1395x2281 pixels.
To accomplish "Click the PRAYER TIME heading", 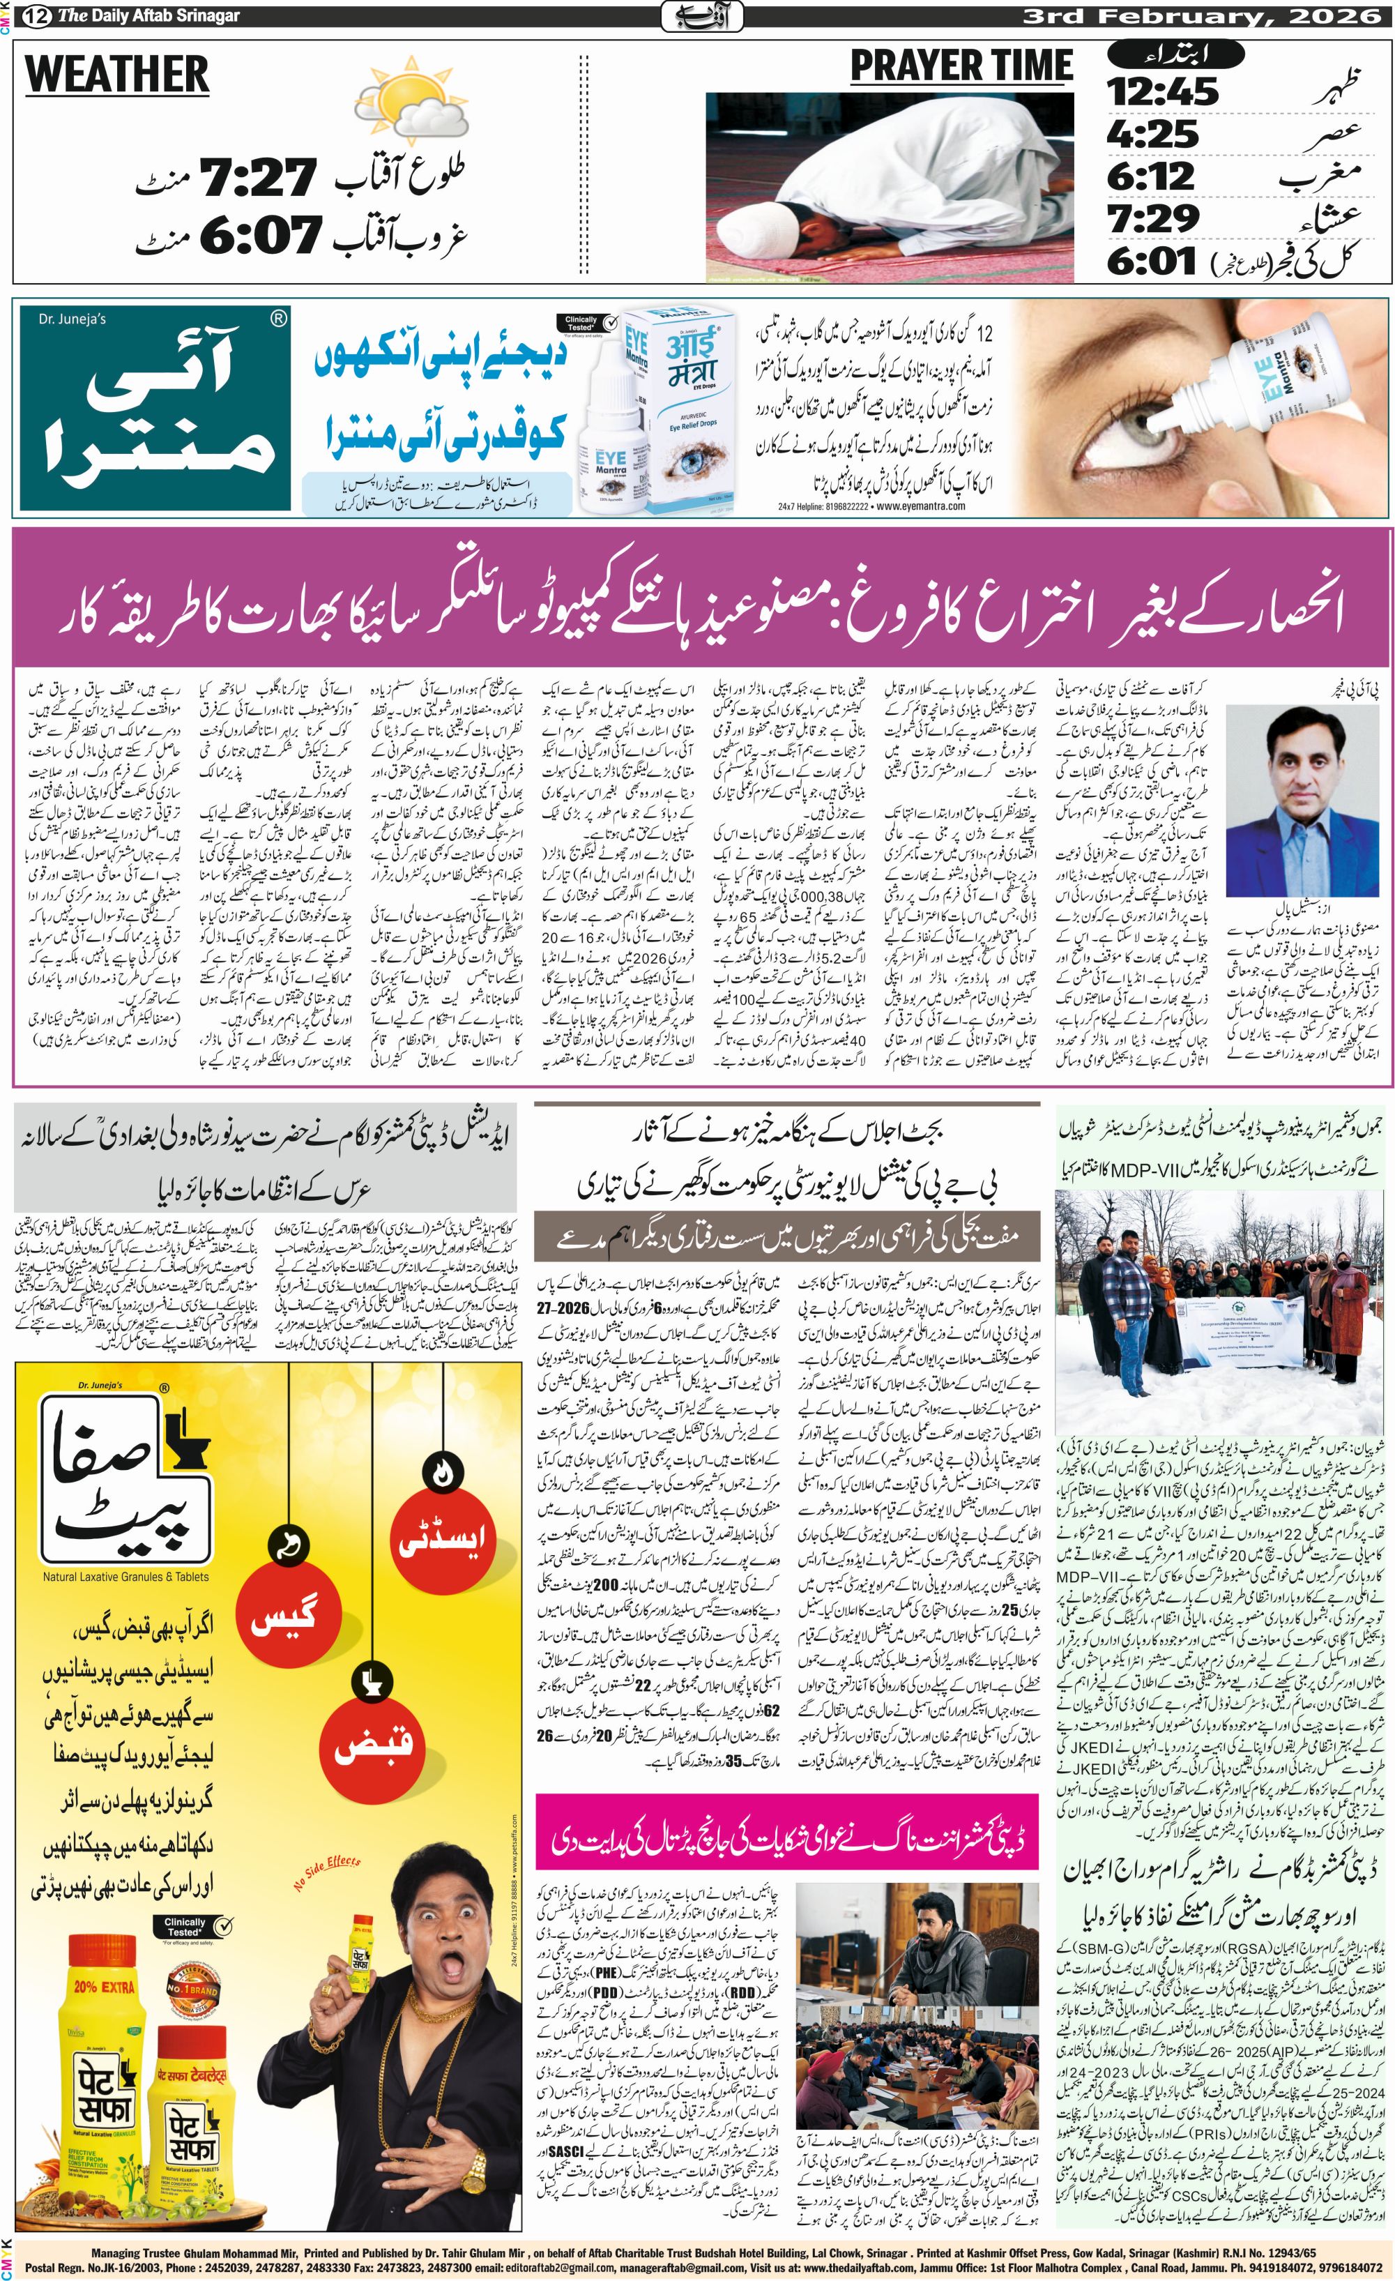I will [961, 67].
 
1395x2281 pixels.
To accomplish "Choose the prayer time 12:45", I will [1163, 91].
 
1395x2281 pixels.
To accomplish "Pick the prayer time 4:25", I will [1152, 134].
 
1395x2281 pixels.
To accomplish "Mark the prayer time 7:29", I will [1152, 218].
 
